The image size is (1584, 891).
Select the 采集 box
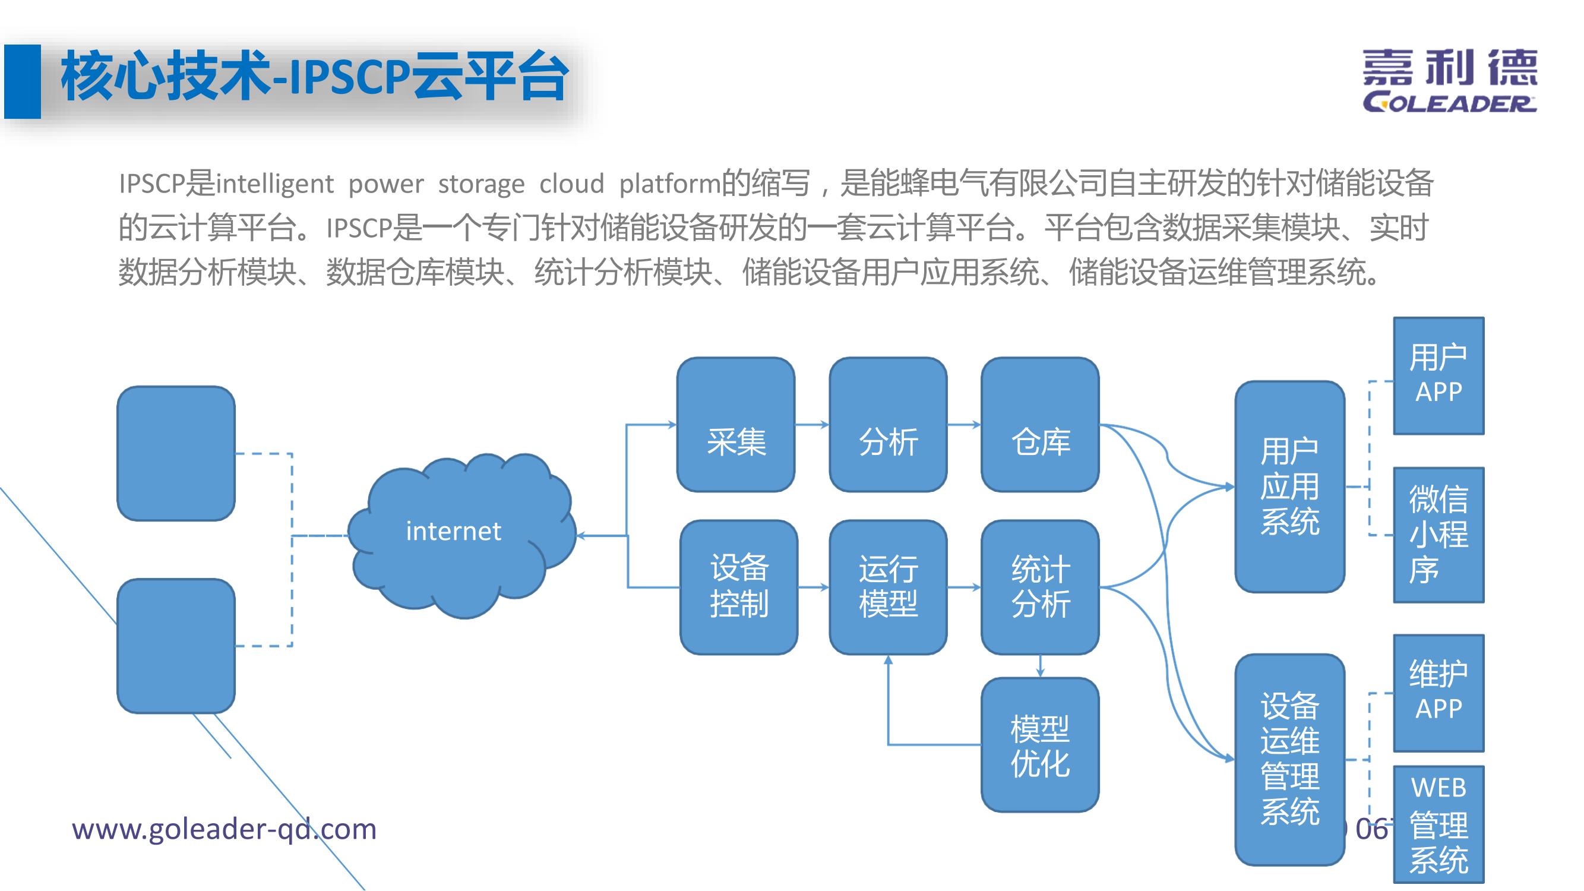(735, 424)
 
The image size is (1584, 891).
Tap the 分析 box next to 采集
(888, 424)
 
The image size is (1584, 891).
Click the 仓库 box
(1040, 424)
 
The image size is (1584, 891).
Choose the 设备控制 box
(738, 587)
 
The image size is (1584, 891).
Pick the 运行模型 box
(888, 587)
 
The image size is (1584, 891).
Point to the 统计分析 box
(1040, 587)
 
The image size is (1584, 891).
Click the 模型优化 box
(1040, 745)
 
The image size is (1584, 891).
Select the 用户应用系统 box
(1289, 486)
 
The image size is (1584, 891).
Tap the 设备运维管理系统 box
(1289, 759)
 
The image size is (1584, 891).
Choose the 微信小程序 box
(1438, 535)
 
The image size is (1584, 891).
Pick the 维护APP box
(1438, 693)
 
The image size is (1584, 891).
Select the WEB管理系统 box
(1438, 824)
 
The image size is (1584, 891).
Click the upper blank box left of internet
(176, 453)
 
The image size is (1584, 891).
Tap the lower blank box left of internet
(176, 646)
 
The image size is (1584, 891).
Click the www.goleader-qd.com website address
(224, 829)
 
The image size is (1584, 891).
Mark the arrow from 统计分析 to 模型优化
(1040, 666)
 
